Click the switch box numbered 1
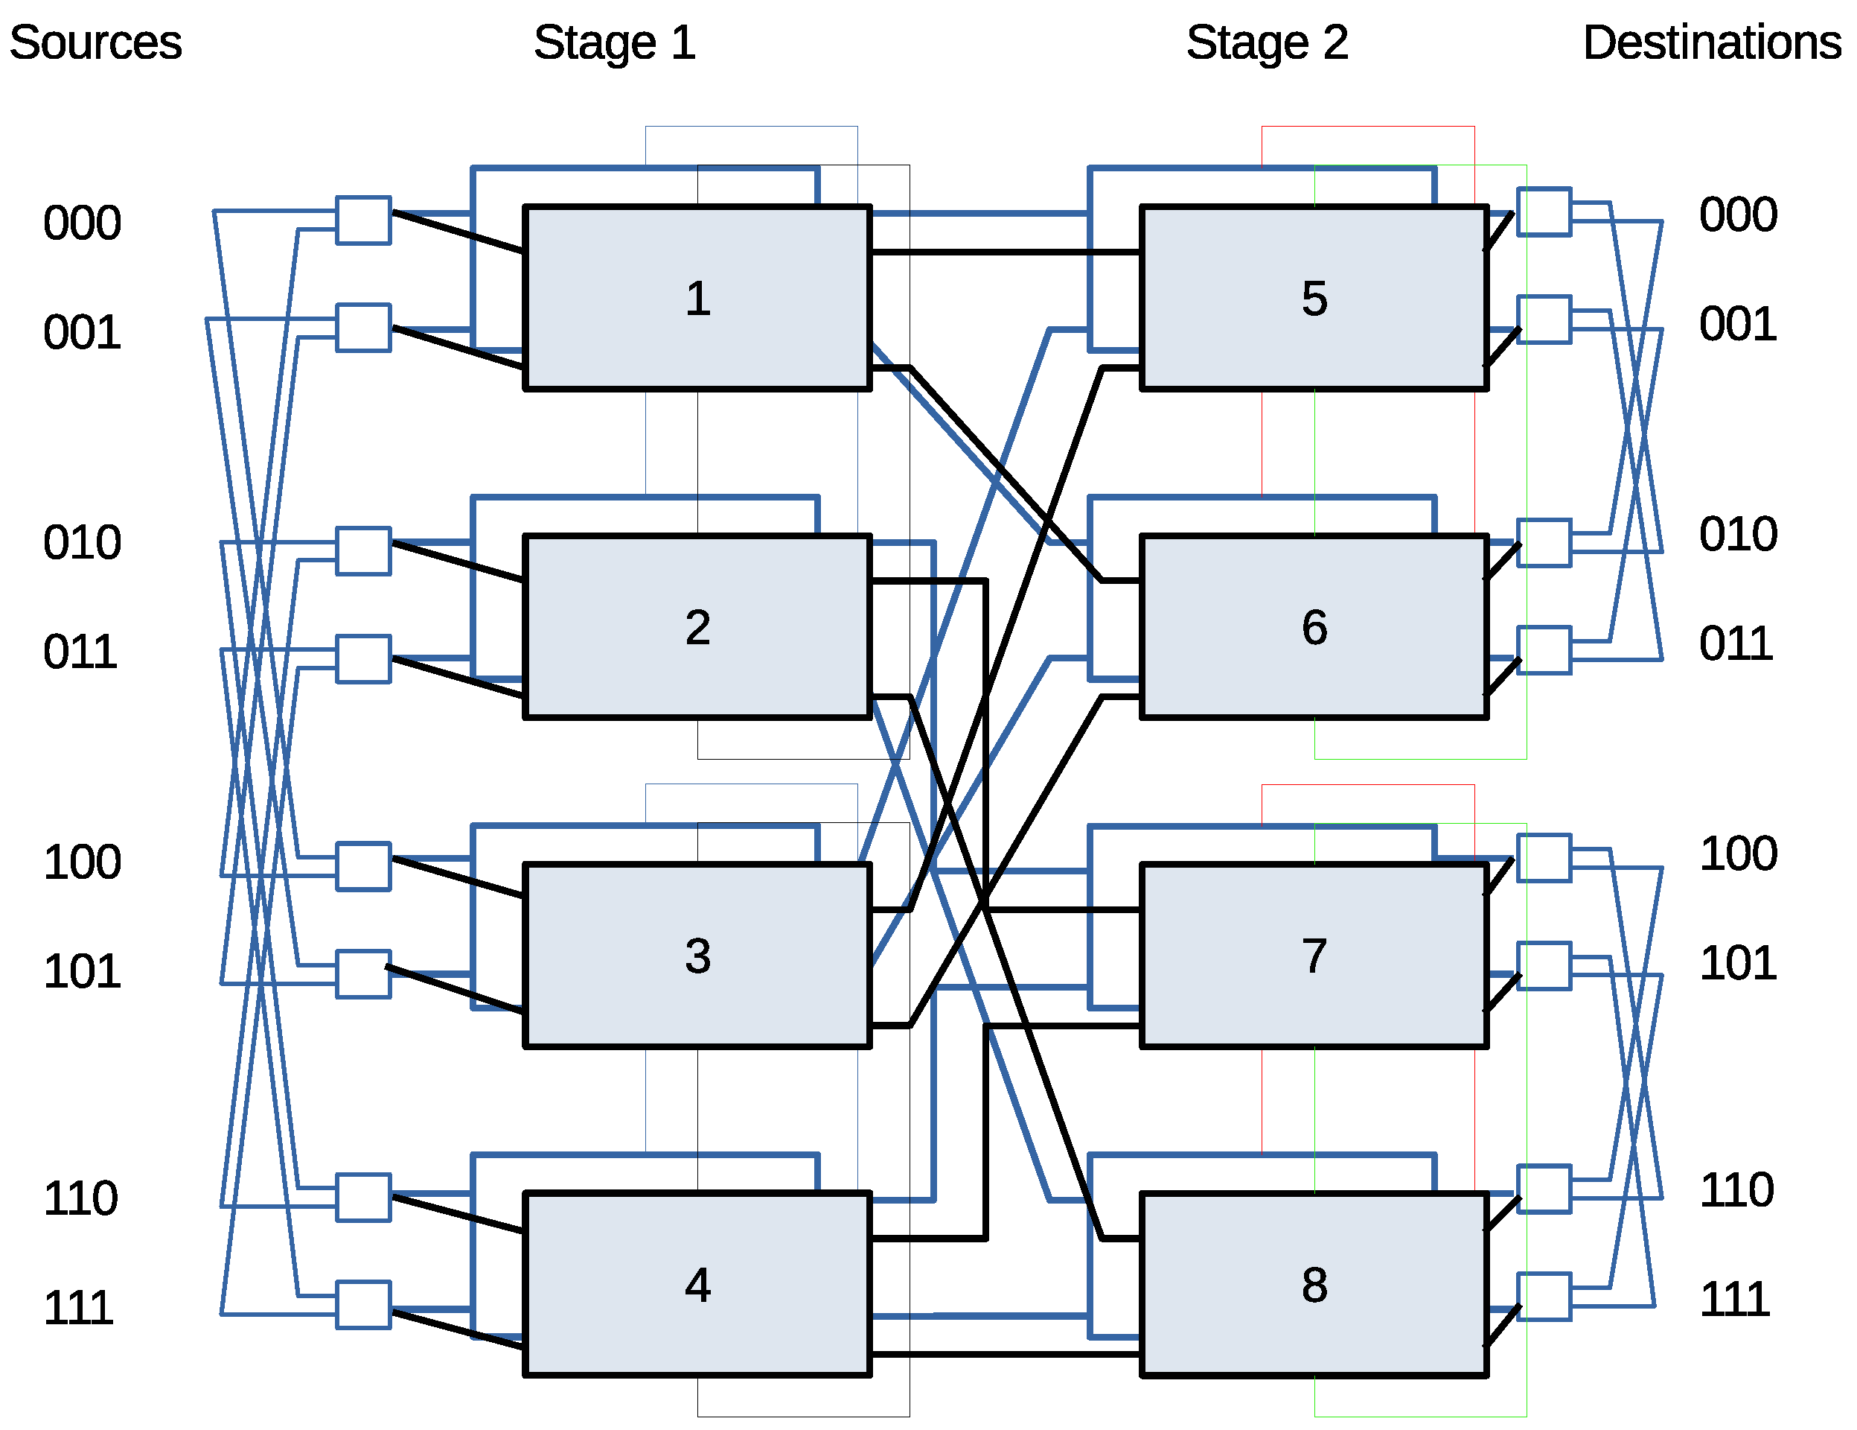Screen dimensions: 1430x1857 697,298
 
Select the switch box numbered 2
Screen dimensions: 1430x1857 697,627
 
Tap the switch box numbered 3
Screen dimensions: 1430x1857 697,956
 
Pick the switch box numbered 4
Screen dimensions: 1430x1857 697,1284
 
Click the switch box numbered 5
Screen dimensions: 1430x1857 1314,298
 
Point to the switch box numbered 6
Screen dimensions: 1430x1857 1314,627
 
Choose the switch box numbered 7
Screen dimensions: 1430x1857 1314,956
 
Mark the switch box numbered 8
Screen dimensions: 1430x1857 1314,1284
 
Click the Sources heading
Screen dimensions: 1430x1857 95,42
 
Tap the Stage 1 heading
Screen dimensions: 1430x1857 614,42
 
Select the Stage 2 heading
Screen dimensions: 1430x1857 1267,42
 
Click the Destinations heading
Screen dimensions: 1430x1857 1711,42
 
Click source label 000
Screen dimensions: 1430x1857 82,223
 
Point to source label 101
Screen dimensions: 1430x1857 82,970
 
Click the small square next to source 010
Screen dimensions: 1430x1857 363,550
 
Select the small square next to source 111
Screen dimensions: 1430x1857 363,1304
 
